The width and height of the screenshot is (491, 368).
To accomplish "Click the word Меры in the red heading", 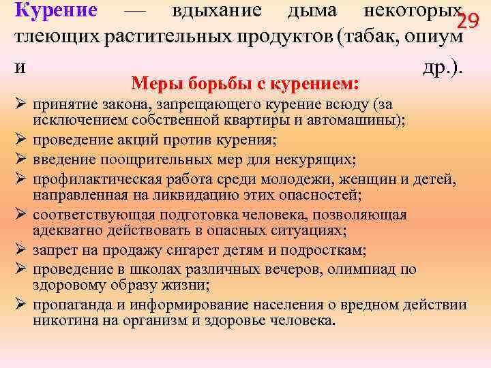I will (156, 85).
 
